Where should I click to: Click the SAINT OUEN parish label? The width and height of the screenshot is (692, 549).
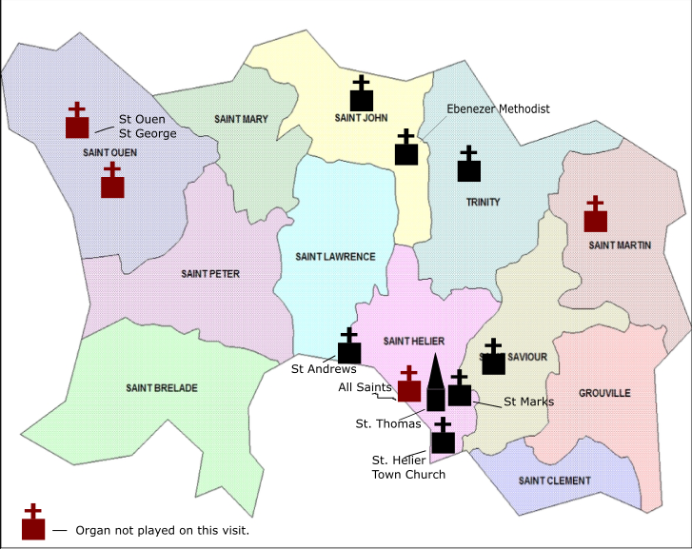point(109,152)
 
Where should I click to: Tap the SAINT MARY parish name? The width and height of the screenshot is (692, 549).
point(241,119)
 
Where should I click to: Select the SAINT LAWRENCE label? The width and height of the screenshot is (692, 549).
point(335,257)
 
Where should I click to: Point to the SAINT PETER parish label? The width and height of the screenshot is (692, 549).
point(210,274)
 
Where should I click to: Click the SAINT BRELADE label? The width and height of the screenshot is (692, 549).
point(162,388)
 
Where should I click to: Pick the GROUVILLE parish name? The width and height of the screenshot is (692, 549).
point(604,393)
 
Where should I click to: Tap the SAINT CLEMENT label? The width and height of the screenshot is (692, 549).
point(554,480)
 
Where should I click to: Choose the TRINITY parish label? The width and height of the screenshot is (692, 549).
point(483,203)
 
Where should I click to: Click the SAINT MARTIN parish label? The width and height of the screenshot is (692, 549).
point(620,245)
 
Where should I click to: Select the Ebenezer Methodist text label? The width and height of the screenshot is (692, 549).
point(498,109)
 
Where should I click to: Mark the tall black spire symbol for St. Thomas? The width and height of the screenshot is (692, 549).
point(435,382)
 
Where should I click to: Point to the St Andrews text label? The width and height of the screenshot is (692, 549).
point(324,369)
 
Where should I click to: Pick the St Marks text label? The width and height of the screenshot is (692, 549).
point(528,402)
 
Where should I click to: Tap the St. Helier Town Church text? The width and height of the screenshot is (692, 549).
point(408,467)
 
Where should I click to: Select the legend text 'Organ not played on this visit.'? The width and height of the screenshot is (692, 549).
point(162,530)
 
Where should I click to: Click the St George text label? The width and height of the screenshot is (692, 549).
point(143,134)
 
